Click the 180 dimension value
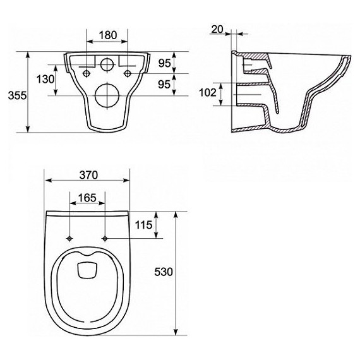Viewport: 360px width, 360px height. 108,35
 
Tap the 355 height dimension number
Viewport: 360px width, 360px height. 17,95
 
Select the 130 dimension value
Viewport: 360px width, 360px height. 45,80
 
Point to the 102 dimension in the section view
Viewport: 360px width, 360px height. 208,93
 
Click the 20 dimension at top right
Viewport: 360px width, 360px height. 217,30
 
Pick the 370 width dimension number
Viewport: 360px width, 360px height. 88,175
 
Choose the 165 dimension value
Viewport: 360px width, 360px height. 87,198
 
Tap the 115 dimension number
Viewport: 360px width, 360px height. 143,225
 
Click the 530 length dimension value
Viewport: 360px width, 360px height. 163,272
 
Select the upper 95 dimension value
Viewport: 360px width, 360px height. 165,63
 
